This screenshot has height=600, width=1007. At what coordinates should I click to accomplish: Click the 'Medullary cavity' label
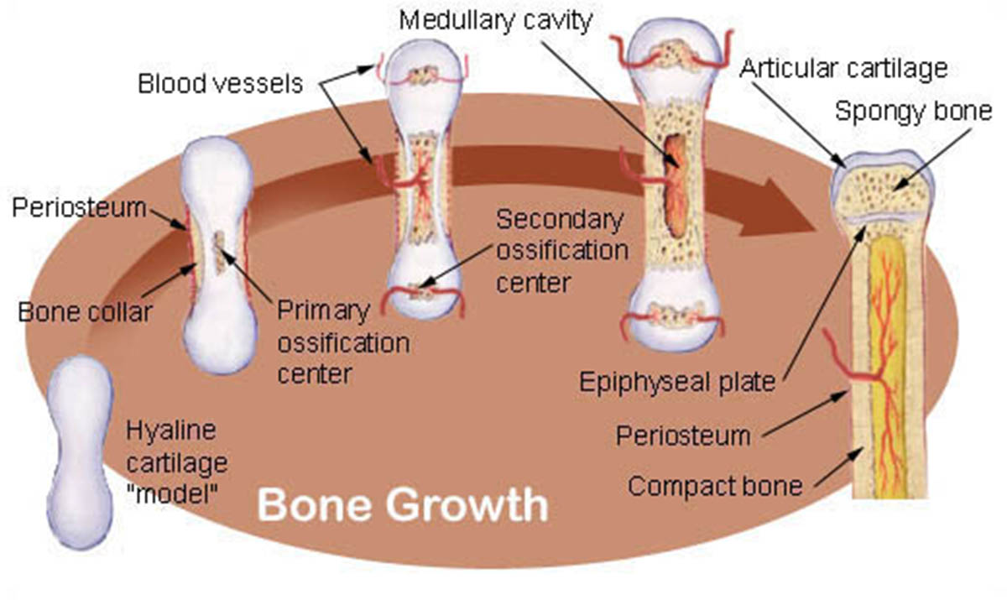tap(496, 21)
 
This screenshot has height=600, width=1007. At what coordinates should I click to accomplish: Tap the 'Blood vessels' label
tap(220, 84)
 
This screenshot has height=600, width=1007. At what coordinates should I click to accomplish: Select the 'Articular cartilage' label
tap(844, 69)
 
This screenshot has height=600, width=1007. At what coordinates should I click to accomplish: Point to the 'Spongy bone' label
tap(914, 112)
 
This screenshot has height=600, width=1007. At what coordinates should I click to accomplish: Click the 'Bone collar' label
tap(86, 312)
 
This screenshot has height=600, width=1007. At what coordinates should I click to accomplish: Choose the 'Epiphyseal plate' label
tap(677, 383)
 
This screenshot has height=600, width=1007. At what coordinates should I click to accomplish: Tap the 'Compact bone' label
tap(715, 486)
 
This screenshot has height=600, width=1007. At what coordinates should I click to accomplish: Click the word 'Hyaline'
tap(171, 430)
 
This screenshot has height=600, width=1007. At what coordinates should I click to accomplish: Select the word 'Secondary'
tap(560, 220)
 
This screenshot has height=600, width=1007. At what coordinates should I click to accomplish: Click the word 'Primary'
tap(323, 311)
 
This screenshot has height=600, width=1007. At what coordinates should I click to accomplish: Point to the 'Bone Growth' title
tap(403, 505)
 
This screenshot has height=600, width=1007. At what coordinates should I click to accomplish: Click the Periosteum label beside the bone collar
tap(79, 208)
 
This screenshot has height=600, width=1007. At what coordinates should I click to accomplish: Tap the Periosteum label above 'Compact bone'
tap(683, 436)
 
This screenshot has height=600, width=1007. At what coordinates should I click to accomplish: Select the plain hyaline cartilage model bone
tap(80, 452)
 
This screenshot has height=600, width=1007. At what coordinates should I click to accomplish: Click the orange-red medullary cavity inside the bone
tap(675, 185)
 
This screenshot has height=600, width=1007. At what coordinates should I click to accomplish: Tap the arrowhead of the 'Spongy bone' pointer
tap(899, 185)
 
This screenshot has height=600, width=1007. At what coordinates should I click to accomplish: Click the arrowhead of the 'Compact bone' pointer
tap(857, 453)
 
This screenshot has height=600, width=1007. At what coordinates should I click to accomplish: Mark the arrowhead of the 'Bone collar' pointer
tap(190, 268)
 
